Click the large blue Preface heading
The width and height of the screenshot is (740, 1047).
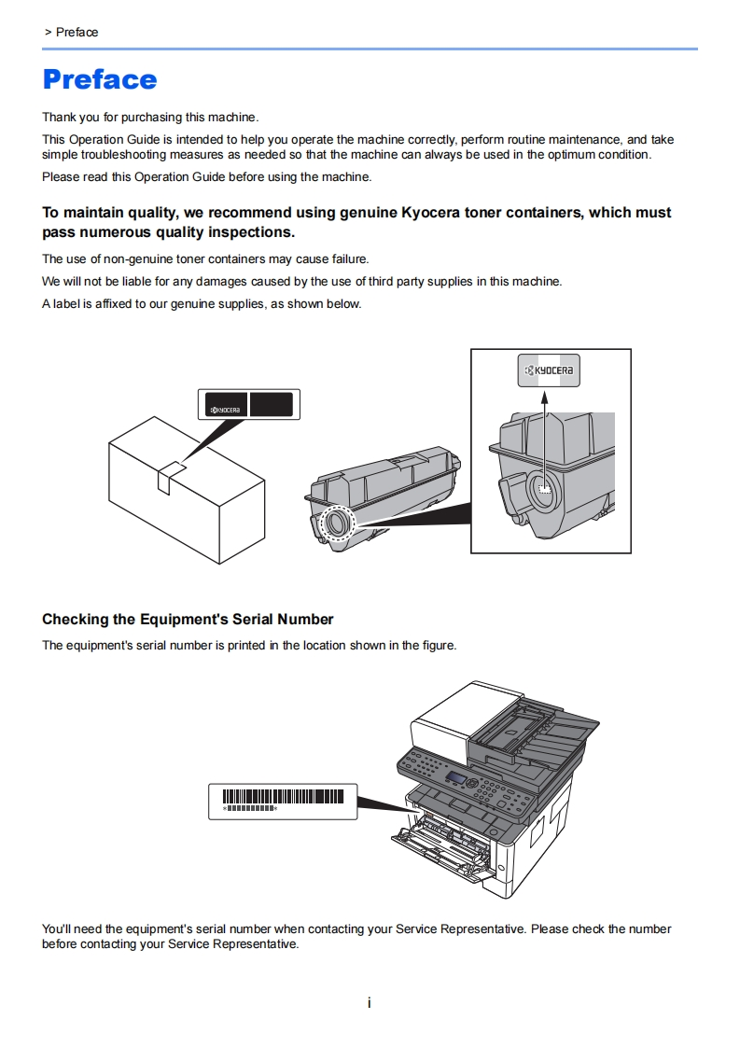point(100,79)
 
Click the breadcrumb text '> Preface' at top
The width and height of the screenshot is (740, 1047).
point(71,33)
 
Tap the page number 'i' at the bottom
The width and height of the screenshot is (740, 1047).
point(370,1003)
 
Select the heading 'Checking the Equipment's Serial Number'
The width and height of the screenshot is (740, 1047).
point(188,620)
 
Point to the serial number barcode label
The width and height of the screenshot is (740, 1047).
point(283,801)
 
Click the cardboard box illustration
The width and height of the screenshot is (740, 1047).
point(186,496)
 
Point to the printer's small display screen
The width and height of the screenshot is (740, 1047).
point(456,777)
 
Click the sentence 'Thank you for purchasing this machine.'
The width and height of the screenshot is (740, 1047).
point(150,118)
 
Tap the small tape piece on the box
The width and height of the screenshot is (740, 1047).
point(169,476)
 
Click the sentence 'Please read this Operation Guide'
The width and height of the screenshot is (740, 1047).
point(206,176)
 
